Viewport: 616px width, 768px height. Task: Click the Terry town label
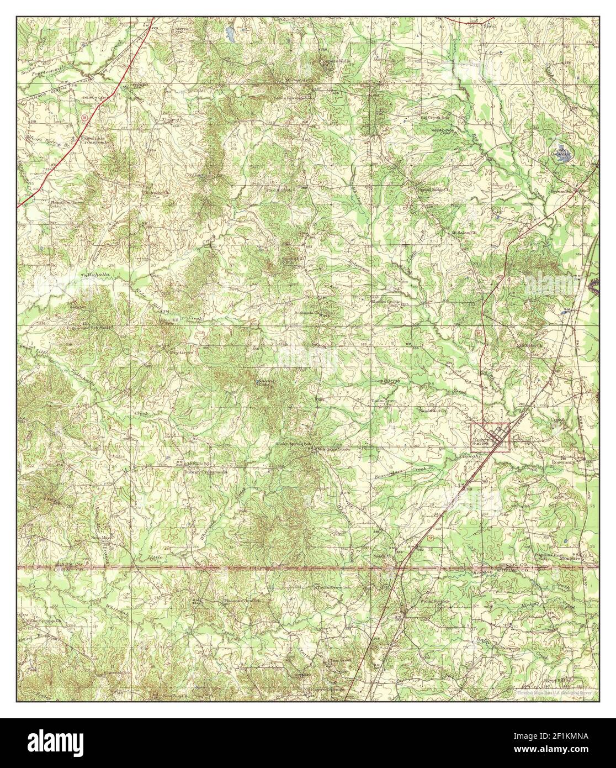coord(478,440)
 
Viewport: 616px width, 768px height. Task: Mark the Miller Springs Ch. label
coord(43,620)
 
